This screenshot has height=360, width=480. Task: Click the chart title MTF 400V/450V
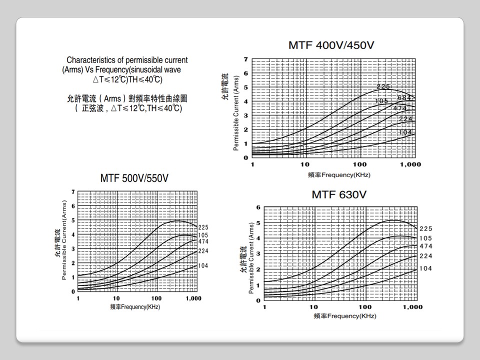pyautogui.click(x=331, y=45)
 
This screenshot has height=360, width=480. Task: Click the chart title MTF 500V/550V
pyautogui.click(x=134, y=178)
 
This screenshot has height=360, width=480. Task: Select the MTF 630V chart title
pyautogui.click(x=339, y=194)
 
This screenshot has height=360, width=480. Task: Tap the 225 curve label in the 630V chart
pyautogui.click(x=426, y=228)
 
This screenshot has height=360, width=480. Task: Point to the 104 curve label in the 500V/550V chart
pyautogui.click(x=203, y=266)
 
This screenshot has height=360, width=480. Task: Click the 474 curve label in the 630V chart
pyautogui.click(x=426, y=246)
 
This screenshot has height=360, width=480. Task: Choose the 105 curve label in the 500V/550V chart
pyautogui.click(x=203, y=235)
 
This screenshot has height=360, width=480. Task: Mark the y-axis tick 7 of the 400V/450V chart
pyautogui.click(x=245, y=59)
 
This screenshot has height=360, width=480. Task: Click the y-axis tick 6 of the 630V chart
pyautogui.click(x=258, y=207)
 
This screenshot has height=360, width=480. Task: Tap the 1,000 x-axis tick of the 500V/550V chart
pyautogui.click(x=193, y=298)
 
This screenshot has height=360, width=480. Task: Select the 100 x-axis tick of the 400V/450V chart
pyautogui.click(x=359, y=164)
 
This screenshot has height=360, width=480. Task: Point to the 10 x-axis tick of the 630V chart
pyautogui.click(x=313, y=307)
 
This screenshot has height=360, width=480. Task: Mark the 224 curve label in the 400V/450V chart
pyautogui.click(x=405, y=118)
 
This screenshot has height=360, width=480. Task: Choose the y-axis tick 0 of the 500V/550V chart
pyautogui.click(x=73, y=291)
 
